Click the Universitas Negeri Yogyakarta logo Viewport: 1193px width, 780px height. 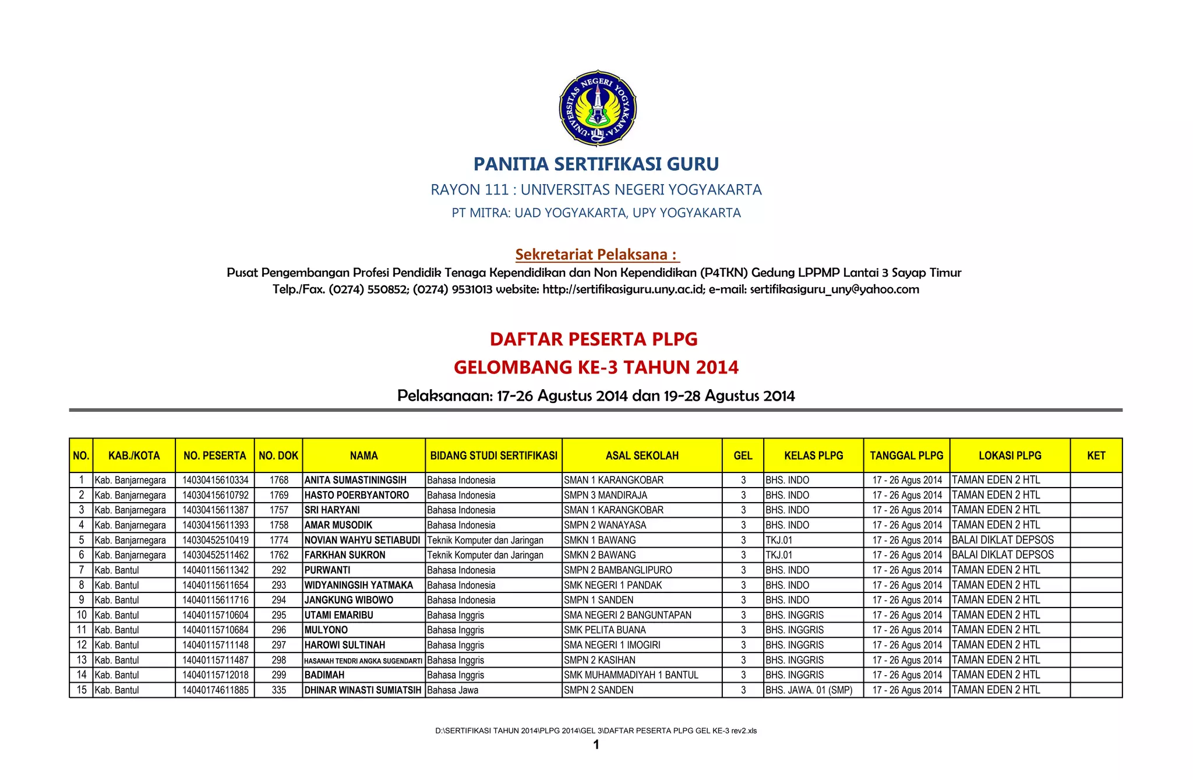[597, 108]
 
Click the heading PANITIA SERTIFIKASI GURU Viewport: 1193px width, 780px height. [596, 164]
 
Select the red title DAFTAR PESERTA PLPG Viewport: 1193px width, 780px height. [594, 339]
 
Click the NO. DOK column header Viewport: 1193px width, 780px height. [278, 456]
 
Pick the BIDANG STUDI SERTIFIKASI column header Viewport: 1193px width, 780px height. [493, 456]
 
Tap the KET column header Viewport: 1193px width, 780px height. [1096, 456]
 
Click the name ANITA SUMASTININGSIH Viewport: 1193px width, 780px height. [355, 480]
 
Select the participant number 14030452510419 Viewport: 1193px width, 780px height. [215, 540]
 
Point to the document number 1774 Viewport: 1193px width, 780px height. [279, 540]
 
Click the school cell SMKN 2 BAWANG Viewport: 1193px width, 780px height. [599, 555]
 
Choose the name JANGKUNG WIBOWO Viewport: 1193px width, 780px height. [348, 600]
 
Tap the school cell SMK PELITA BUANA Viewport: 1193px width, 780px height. [605, 630]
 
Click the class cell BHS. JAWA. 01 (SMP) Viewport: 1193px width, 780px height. [809, 690]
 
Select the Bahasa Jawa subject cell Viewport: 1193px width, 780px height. [453, 690]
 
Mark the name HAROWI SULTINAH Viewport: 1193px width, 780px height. [344, 645]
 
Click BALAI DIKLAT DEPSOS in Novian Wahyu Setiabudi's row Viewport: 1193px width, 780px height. [1003, 540]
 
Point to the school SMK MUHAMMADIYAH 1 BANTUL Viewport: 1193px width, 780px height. [631, 675]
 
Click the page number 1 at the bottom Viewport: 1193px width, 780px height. [596, 744]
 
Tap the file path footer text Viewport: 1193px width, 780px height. [596, 730]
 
